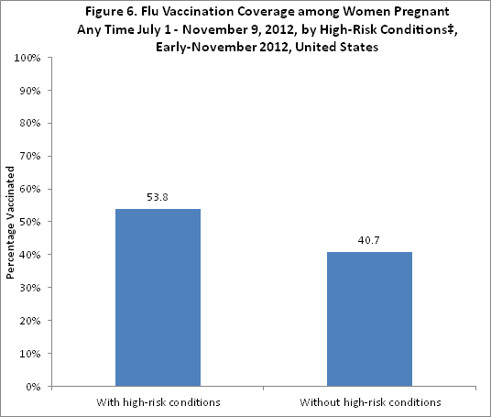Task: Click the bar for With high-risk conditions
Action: [x=158, y=297]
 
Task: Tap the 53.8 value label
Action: [x=158, y=197]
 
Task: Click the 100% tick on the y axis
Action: [x=26, y=58]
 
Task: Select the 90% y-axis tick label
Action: [x=27, y=91]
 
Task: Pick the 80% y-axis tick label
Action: [x=27, y=124]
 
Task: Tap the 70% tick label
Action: [x=27, y=157]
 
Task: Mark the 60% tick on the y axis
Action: [x=27, y=189]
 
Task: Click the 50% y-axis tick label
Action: [x=27, y=222]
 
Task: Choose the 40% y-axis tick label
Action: [x=27, y=255]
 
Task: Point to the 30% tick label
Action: [x=27, y=288]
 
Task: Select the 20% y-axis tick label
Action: [x=27, y=321]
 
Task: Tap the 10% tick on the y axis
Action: [x=27, y=354]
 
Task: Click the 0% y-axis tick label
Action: [x=30, y=387]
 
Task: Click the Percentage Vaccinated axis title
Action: [x=10, y=223]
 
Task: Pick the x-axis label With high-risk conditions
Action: [x=158, y=402]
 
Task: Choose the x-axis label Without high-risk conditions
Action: [x=370, y=402]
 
